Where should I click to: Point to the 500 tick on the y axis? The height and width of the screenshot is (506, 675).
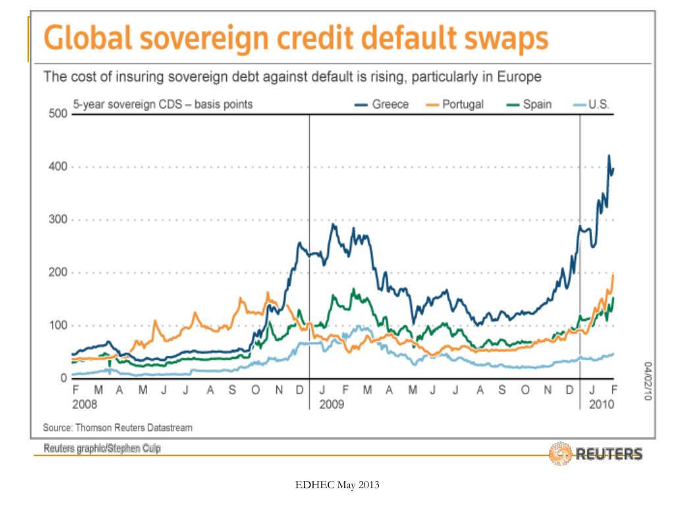[59, 114]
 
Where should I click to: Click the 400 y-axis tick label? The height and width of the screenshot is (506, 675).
[59, 167]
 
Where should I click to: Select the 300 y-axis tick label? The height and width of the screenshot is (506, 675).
[59, 220]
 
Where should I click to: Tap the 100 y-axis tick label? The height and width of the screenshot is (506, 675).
[59, 325]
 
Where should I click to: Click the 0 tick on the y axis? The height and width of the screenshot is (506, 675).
[64, 378]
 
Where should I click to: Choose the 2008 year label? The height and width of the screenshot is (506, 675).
[84, 404]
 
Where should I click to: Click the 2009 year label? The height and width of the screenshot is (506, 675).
[332, 404]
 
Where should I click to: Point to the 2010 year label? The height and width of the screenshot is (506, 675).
[601, 404]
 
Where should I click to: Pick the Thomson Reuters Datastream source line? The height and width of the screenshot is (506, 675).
[118, 428]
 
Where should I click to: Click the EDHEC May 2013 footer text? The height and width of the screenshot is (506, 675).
[337, 486]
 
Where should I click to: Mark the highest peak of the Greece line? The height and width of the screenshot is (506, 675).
[609, 155]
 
